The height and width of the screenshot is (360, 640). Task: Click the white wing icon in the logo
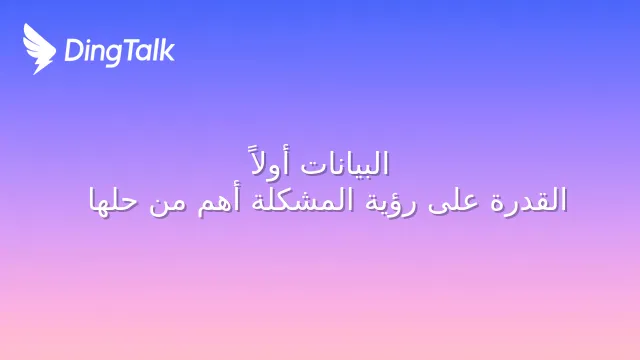click(x=39, y=49)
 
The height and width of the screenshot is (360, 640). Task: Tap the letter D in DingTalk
click(x=72, y=51)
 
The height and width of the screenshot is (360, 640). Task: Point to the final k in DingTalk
click(x=167, y=50)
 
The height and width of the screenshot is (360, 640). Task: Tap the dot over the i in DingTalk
click(x=87, y=41)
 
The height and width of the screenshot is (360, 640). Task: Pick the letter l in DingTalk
click(x=156, y=50)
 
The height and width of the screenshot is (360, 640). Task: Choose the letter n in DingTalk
click(x=96, y=53)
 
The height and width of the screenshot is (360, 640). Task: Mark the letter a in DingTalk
click(x=145, y=53)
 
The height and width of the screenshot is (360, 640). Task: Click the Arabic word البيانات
click(x=344, y=164)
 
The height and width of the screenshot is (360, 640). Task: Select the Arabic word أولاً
click(x=269, y=162)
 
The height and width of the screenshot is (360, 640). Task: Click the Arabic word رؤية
click(x=391, y=202)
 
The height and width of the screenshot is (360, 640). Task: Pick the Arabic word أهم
click(x=218, y=202)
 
